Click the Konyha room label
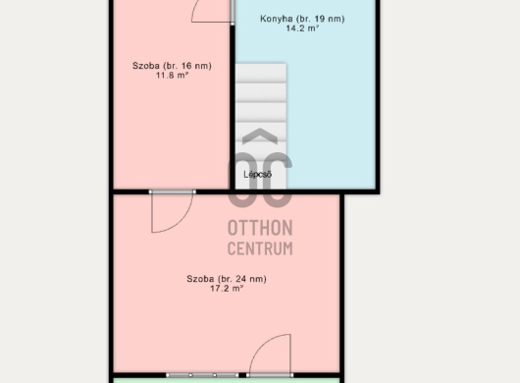pyautogui.click(x=302, y=19)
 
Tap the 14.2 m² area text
pyautogui.click(x=302, y=28)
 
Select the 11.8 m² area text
pyautogui.click(x=172, y=76)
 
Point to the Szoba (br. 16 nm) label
pyautogui.click(x=172, y=66)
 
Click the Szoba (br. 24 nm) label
pyautogui.click(x=227, y=279)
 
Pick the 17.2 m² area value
pyautogui.click(x=227, y=288)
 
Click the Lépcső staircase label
pyautogui.click(x=258, y=175)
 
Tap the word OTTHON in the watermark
pyautogui.click(x=260, y=228)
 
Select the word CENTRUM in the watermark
pyautogui.click(x=260, y=248)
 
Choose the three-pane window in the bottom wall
pyautogui.click(x=202, y=375)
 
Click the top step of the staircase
pyautogui.click(x=261, y=73)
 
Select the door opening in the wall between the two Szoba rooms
pyautogui.click(x=172, y=191)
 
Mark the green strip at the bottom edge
pyautogui.click(x=227, y=380)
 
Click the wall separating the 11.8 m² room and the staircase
pyautogui.click(x=233, y=107)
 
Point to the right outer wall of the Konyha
pyautogui.click(x=378, y=95)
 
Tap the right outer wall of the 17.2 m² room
pyautogui.click(x=341, y=285)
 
